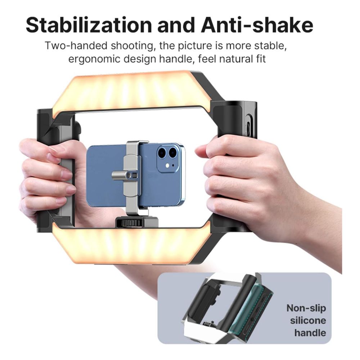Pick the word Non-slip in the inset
pyautogui.click(x=306, y=309)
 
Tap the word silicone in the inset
pyautogui.click(x=308, y=320)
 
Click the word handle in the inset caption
pyautogui.click(x=310, y=333)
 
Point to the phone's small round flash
pyautogui.click(x=168, y=165)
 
